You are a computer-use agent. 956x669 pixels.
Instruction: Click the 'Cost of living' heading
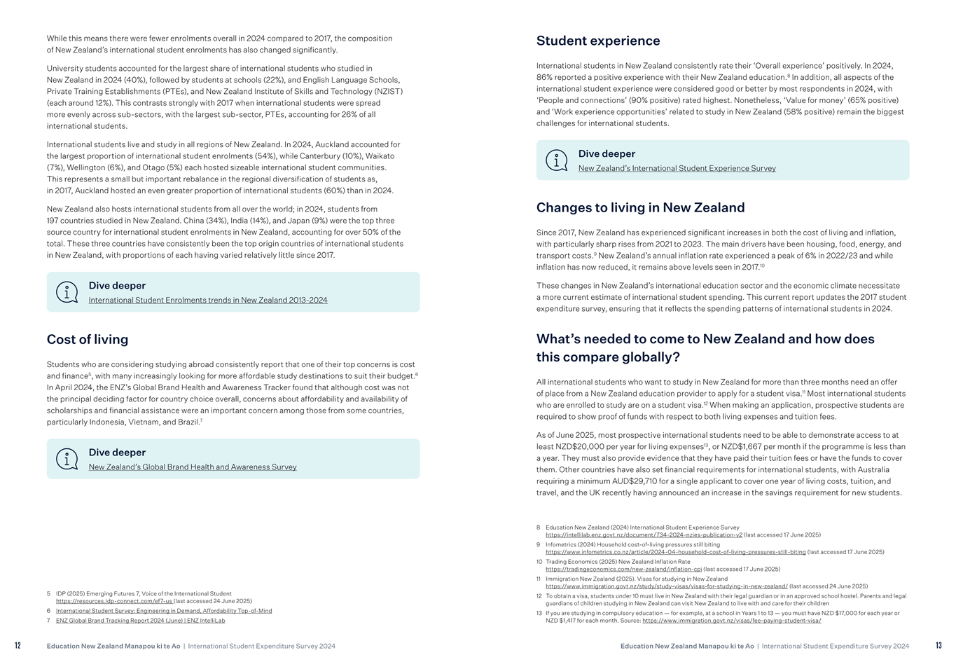click(x=88, y=340)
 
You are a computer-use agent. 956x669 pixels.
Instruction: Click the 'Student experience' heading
click(x=597, y=41)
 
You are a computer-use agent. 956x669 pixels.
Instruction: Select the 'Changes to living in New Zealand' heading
click(x=640, y=207)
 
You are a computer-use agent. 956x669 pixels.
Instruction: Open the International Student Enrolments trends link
click(x=208, y=300)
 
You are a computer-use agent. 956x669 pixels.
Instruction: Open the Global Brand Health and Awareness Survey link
click(x=193, y=467)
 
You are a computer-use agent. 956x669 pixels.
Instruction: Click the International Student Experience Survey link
click(x=677, y=168)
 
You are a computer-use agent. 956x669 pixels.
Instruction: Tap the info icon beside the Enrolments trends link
click(x=67, y=292)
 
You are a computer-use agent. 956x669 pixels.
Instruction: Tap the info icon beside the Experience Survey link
click(x=556, y=160)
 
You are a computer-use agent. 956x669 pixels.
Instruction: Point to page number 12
click(x=18, y=646)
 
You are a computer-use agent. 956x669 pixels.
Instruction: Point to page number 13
click(x=938, y=646)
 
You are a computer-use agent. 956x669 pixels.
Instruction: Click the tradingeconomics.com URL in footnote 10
click(x=623, y=570)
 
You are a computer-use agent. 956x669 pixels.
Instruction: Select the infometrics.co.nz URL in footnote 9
click(x=675, y=552)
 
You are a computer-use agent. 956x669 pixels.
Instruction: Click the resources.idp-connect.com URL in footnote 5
click(x=113, y=601)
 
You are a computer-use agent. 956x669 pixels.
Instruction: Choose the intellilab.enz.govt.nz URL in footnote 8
click(x=644, y=534)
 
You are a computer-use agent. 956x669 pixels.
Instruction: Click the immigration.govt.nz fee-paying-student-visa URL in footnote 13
click(x=731, y=621)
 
